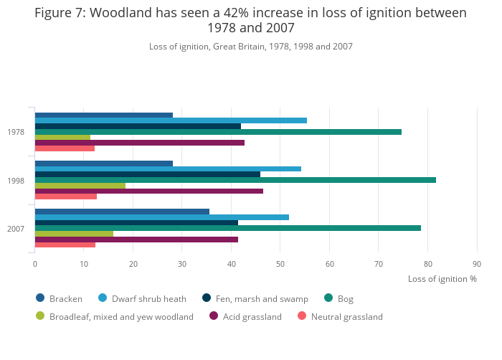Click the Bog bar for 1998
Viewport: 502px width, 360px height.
[235, 180]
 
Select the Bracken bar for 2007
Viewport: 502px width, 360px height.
[122, 212]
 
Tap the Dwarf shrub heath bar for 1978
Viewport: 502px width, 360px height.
[171, 120]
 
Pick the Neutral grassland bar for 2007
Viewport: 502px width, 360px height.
[65, 245]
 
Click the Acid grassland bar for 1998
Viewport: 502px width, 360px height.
[149, 191]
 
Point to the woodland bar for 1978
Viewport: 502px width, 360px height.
[62, 137]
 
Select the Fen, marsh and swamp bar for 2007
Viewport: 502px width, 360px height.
[136, 222]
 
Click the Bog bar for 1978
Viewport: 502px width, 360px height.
[218, 132]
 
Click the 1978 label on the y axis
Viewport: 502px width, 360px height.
[16, 132]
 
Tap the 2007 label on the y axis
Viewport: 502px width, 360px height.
[16, 228]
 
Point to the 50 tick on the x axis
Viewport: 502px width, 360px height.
[280, 265]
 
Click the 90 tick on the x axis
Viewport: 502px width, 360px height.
[477, 265]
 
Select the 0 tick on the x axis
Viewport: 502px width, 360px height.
[35, 265]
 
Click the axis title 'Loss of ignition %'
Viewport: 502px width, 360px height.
[442, 279]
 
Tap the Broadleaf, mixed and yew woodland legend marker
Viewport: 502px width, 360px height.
[40, 316]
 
